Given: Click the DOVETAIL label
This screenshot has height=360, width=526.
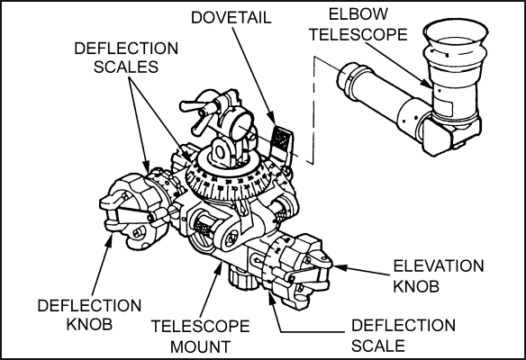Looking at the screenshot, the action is (x=231, y=17).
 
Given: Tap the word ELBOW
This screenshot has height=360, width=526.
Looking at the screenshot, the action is (x=358, y=14).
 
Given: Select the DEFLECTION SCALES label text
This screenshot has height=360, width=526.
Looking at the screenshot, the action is (x=126, y=58).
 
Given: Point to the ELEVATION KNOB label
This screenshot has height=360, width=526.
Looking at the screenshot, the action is (x=439, y=276).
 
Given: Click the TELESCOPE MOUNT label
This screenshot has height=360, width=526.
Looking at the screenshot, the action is (x=200, y=337).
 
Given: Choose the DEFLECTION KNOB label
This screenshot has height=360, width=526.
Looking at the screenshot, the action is (x=89, y=315).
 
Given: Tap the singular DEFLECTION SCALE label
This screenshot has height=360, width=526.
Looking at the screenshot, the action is (x=404, y=336).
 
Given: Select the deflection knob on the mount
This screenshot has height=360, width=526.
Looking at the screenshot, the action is (x=133, y=211).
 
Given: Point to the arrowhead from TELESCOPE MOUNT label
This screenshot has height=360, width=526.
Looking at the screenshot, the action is (x=220, y=266).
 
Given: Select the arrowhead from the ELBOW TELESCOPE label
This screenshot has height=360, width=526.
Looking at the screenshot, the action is (x=427, y=84).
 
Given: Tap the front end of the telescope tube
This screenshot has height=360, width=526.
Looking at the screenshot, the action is (x=349, y=76).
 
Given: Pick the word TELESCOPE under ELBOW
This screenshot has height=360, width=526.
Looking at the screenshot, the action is (x=358, y=34).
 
